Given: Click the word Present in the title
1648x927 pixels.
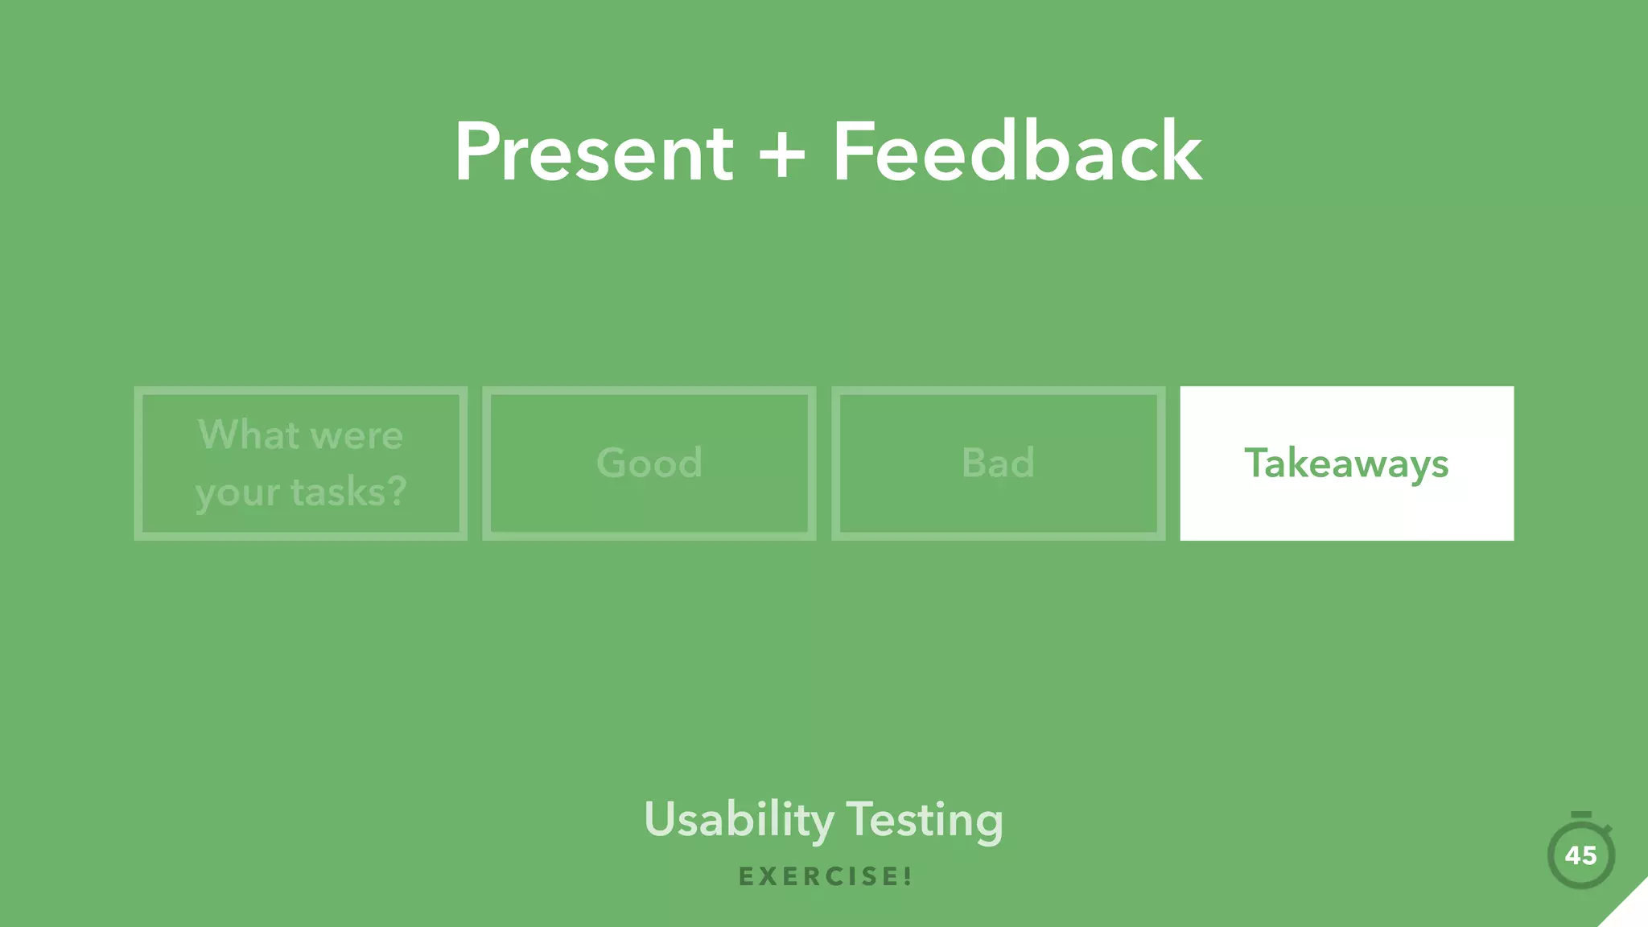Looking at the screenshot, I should tap(593, 152).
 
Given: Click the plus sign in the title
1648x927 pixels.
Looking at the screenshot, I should tap(781, 154).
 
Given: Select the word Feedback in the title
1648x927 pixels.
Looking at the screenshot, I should tap(1016, 152).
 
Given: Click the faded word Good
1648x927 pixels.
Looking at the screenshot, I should tap(649, 463).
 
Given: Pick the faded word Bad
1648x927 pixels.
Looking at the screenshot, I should tap(998, 463).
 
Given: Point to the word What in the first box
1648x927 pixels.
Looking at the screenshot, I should tap(249, 435).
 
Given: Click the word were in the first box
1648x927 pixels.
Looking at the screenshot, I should tap(356, 436).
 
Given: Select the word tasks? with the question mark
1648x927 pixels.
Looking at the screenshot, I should tap(348, 492).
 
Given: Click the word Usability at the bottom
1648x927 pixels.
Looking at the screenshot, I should tap(739, 820).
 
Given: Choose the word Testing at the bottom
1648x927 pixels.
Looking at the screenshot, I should tap(925, 820).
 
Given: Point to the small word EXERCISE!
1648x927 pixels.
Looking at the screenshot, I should tap(824, 876).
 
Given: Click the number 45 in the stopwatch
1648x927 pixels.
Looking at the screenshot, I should tap(1580, 855).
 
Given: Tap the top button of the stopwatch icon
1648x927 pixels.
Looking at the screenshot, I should tap(1580, 815).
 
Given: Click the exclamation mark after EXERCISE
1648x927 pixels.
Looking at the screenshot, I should tap(908, 876).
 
